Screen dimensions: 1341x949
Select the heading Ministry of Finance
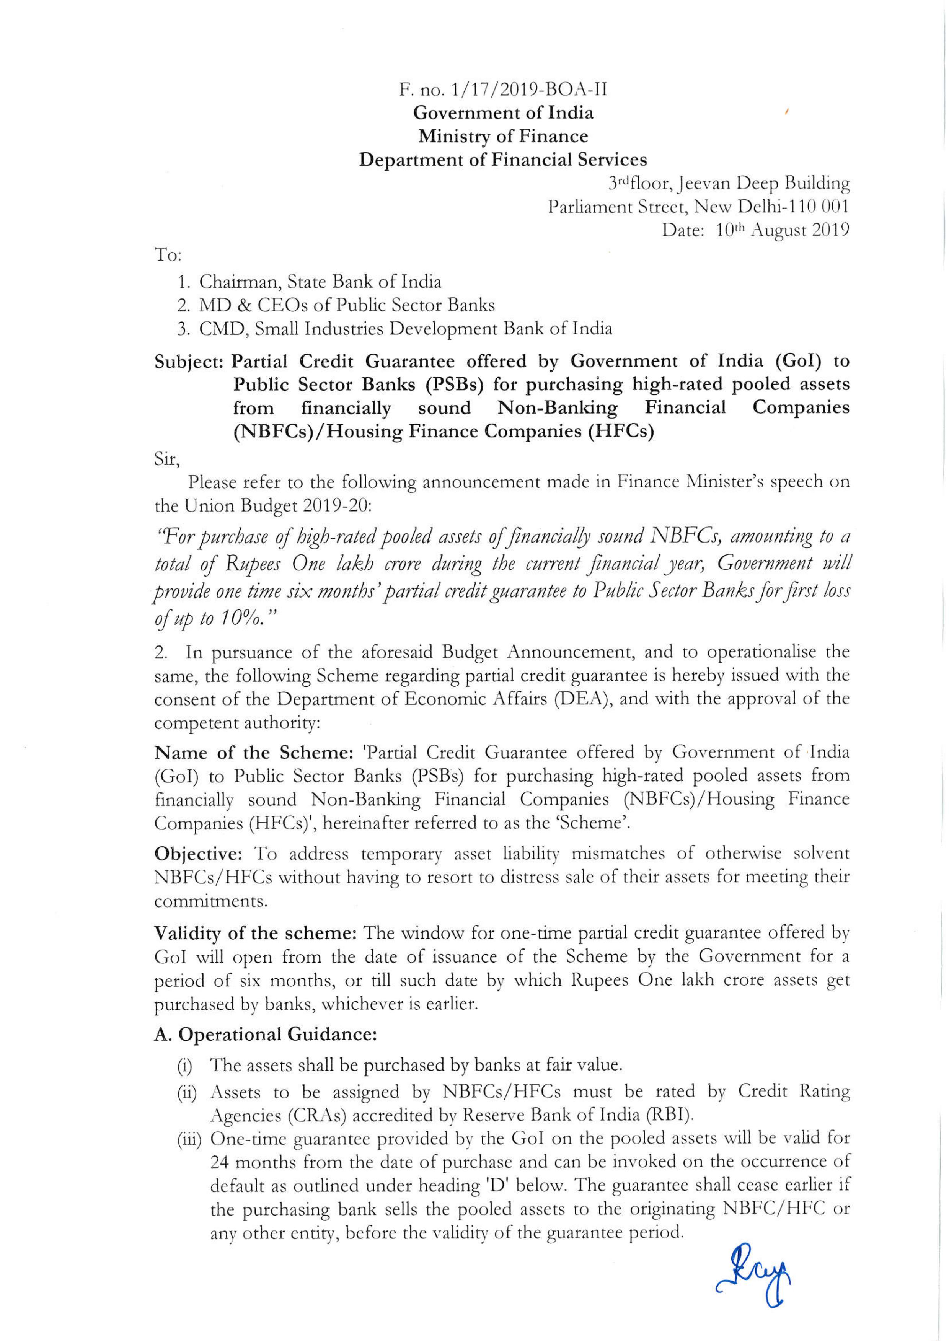pyautogui.click(x=502, y=136)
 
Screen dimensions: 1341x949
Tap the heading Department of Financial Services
pyautogui.click(x=502, y=160)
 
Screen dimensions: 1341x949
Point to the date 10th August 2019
pyautogui.click(x=781, y=230)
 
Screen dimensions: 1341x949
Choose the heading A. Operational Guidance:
pyautogui.click(x=265, y=1035)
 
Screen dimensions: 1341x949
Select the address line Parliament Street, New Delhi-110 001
pyautogui.click(x=698, y=207)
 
